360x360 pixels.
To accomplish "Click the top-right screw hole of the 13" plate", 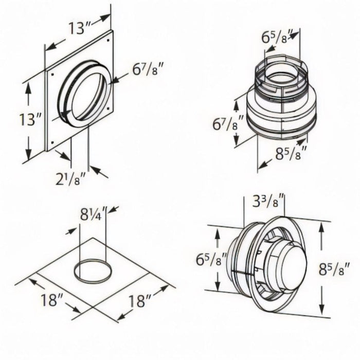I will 109,38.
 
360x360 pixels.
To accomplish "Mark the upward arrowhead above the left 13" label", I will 28,86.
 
